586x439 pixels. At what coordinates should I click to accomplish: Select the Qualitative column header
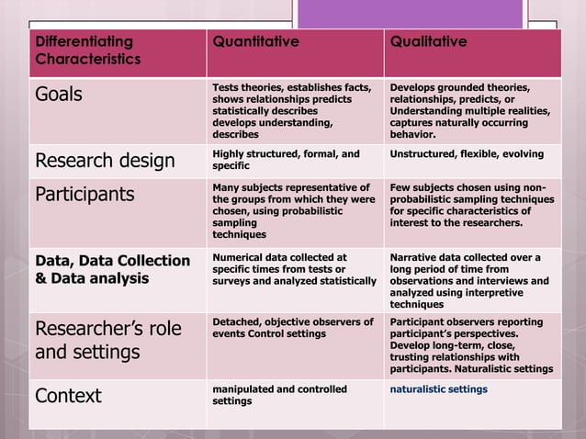click(x=428, y=42)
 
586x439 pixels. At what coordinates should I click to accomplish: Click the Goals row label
click(x=60, y=94)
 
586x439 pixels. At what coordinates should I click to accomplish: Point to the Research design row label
click(x=104, y=162)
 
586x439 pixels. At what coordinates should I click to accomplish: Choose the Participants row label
click(x=85, y=195)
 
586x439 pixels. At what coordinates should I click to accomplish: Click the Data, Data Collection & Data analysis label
click(x=112, y=269)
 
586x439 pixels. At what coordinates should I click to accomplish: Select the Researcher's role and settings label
click(x=107, y=340)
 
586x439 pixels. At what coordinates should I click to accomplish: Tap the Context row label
click(x=68, y=396)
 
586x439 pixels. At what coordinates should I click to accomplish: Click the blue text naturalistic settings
click(x=439, y=389)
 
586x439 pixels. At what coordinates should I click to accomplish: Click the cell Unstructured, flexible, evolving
click(x=467, y=153)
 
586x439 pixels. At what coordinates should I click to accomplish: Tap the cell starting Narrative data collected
click(x=468, y=280)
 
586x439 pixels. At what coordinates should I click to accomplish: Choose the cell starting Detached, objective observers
click(x=293, y=328)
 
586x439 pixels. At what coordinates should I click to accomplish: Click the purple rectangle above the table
click(x=411, y=14)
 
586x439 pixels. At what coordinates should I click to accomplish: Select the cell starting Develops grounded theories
click(x=470, y=109)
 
